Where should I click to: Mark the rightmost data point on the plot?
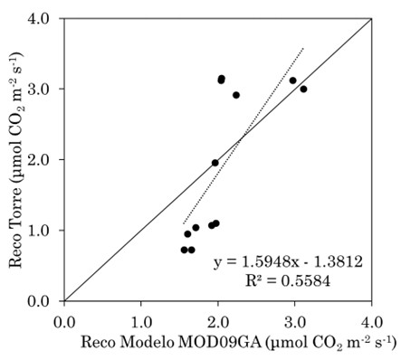pos(303,90)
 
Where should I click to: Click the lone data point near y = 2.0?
pos(215,163)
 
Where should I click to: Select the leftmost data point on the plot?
pos(184,250)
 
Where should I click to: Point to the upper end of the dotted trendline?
pos(303,47)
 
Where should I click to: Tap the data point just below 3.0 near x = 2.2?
pos(236,95)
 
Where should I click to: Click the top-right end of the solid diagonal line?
pos(371,19)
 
